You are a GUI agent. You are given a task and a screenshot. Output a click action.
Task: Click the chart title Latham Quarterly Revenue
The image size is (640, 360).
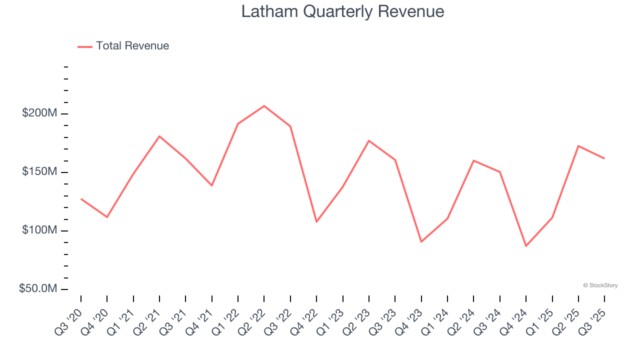tap(342, 11)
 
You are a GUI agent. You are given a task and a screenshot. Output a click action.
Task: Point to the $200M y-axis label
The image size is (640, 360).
tap(39, 113)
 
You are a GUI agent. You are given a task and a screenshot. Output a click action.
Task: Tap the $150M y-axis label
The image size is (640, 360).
tap(39, 171)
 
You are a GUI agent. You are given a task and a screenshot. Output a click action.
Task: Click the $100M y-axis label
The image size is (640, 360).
tap(39, 230)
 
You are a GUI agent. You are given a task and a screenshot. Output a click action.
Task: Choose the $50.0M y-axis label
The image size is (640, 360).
tap(38, 288)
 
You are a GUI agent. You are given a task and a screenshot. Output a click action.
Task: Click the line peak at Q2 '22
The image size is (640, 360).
tap(264, 105)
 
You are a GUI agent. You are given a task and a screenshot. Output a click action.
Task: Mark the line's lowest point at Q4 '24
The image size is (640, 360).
tap(526, 246)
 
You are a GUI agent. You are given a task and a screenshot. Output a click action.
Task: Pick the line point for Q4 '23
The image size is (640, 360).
tap(421, 242)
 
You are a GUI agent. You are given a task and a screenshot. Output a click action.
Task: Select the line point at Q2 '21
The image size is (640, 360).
tap(159, 136)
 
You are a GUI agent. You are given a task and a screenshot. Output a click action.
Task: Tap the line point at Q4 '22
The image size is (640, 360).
tap(316, 221)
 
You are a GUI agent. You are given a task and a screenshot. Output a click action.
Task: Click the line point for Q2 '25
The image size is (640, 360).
tap(578, 146)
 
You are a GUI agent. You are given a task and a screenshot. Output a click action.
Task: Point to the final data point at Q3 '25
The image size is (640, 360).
tap(604, 158)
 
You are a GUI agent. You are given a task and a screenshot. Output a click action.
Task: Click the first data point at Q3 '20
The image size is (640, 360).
tap(81, 199)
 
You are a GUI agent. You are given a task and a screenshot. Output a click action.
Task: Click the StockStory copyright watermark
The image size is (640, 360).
tap(600, 285)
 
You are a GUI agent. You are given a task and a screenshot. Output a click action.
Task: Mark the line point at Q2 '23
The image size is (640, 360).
tap(369, 140)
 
